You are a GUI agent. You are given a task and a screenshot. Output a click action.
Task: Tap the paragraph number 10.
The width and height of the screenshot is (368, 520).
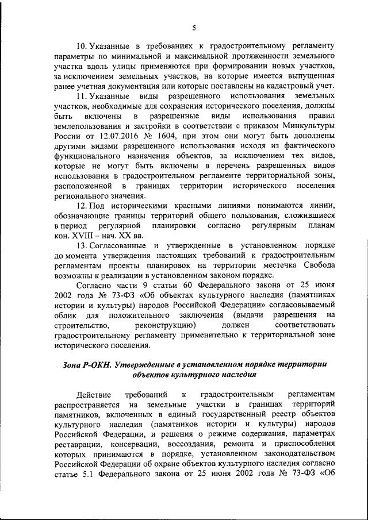82,45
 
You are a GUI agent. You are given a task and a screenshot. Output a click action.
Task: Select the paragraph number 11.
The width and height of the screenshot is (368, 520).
82,94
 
